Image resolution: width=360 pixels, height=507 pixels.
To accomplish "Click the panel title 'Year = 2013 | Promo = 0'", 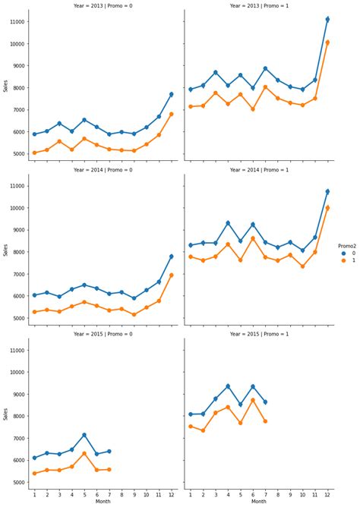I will coord(103,5).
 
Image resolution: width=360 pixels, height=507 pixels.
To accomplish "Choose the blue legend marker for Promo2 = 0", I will coord(343,253).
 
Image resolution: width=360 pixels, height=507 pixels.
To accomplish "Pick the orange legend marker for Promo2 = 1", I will coord(343,261).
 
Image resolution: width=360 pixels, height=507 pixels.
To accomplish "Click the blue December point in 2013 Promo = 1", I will coord(327,20).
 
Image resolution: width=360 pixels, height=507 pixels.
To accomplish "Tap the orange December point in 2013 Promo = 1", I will coord(327,43).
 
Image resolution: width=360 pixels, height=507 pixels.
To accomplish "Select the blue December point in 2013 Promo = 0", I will coord(171,94).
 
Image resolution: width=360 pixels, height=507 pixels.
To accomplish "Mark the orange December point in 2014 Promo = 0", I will coord(171,275).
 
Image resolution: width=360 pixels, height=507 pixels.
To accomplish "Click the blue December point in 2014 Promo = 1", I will coord(327,191).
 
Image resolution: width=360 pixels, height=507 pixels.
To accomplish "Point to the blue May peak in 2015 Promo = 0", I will coord(84,435).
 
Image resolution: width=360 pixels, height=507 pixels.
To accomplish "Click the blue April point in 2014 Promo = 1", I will coord(228,223).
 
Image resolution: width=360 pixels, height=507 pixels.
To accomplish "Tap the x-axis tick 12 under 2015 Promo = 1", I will coord(327,495).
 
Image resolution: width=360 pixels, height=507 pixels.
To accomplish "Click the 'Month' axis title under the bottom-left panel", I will coord(103,502).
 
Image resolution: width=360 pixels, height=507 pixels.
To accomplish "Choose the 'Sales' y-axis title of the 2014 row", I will coord(5,250).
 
